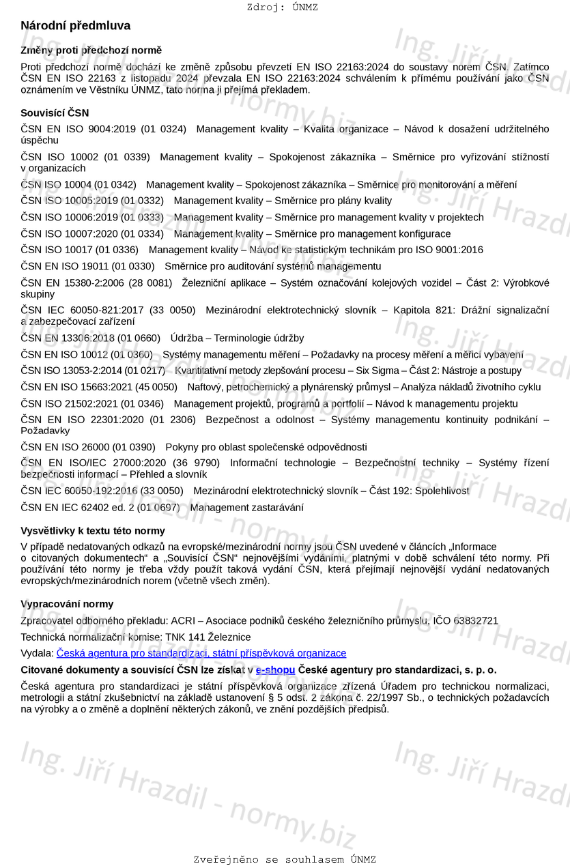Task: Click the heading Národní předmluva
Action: (x=75, y=26)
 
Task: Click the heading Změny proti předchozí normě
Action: (x=91, y=50)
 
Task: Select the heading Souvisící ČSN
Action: (x=55, y=113)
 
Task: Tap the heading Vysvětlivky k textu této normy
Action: (x=93, y=531)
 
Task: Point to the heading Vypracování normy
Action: (x=67, y=604)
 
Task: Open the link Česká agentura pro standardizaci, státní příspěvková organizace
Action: (x=201, y=654)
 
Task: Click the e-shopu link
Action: (x=275, y=670)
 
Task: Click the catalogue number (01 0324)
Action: (x=163, y=129)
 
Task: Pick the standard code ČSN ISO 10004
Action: (x=56, y=184)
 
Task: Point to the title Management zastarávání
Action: (x=247, y=508)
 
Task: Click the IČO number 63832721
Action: (x=476, y=621)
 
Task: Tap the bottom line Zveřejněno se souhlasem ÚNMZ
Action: (x=285, y=860)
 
